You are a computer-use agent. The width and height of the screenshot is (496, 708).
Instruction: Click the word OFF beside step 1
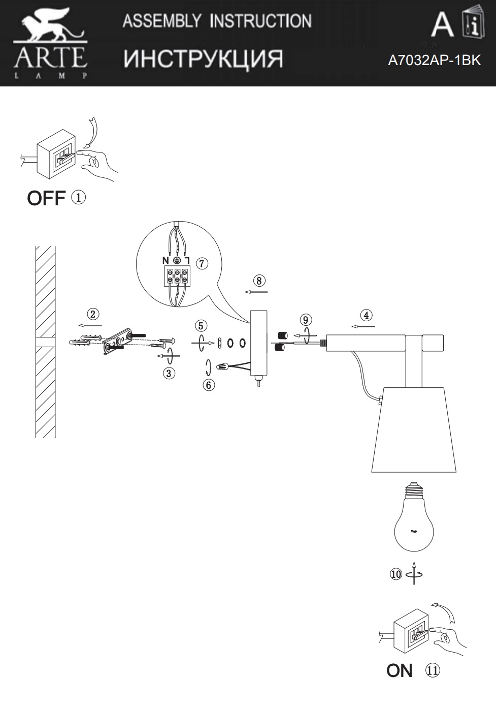46,198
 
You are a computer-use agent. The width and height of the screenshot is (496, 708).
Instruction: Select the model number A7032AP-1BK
435,60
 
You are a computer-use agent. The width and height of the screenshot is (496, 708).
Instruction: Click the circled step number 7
202,263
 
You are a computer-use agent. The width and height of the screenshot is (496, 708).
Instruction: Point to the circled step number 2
93,314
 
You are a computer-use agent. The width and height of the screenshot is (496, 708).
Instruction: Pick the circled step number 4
366,315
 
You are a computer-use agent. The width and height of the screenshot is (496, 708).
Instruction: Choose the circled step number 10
396,574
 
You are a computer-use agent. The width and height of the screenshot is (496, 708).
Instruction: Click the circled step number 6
208,385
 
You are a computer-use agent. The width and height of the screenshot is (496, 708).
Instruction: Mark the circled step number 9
305,320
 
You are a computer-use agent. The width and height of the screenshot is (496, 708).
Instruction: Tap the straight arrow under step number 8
256,292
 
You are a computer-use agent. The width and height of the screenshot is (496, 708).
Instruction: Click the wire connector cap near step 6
222,366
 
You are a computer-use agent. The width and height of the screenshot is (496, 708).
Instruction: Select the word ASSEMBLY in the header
161,21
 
